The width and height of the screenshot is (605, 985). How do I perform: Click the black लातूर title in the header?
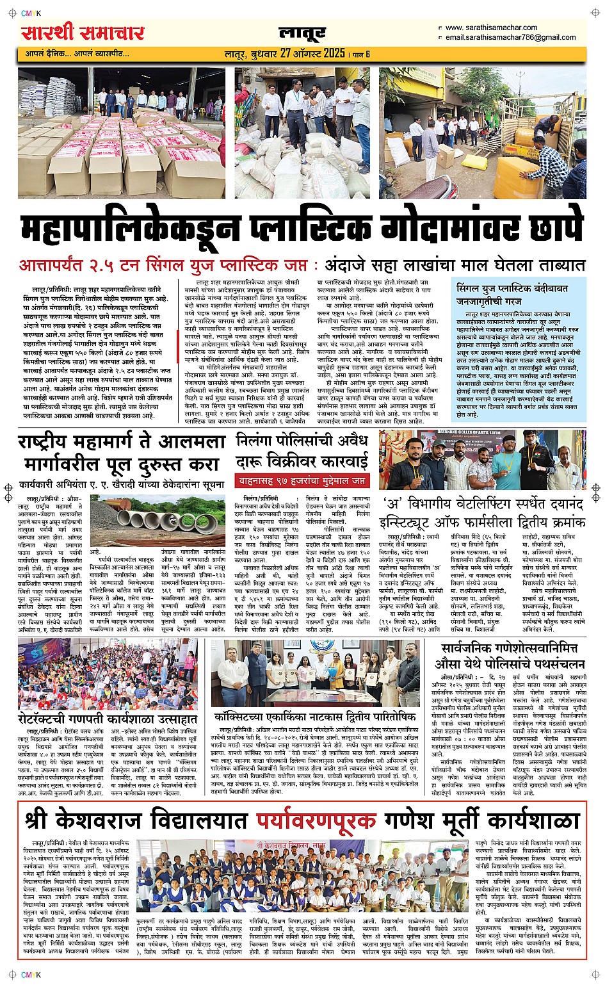(x=302, y=33)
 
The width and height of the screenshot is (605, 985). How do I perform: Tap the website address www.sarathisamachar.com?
(x=491, y=28)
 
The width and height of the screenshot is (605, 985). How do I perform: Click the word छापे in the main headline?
(x=551, y=227)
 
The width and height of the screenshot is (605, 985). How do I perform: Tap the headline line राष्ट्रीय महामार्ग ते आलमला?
(x=122, y=443)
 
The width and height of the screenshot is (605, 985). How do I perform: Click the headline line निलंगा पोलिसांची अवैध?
(x=302, y=441)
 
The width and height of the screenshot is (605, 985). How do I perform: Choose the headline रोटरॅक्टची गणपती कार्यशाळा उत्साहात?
(x=108, y=719)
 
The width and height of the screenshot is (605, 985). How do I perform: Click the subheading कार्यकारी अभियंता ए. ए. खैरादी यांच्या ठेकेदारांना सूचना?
(x=122, y=485)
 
